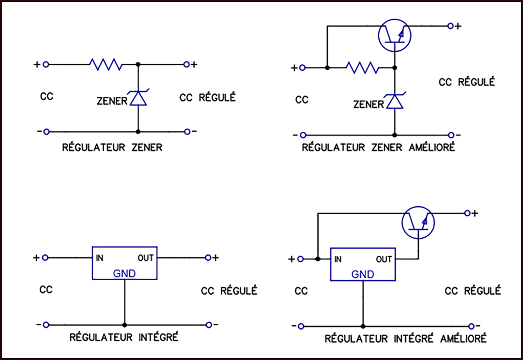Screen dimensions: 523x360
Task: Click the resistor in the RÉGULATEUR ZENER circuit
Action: coord(106,64)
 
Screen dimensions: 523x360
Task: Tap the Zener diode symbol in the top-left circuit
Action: coord(138,98)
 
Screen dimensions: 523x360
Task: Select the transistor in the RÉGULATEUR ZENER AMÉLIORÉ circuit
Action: coord(395,35)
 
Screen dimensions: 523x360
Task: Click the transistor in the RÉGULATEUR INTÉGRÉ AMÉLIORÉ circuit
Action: coord(418,222)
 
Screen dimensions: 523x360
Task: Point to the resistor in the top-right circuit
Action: coord(362,68)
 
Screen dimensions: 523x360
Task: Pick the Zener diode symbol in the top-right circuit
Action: coord(395,101)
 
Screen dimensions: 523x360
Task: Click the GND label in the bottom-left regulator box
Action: coord(124,274)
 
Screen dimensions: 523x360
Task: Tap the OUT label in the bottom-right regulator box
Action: coord(384,259)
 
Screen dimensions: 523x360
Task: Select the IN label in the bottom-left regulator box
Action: coord(99,258)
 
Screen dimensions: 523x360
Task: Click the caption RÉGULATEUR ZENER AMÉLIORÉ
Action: coord(378,147)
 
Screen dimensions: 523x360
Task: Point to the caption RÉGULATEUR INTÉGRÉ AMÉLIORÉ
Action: coord(406,338)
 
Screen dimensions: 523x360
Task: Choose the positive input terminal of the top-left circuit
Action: coord(46,64)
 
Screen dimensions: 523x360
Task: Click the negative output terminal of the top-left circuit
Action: coord(187,132)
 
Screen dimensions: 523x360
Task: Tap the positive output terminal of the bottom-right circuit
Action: coord(467,213)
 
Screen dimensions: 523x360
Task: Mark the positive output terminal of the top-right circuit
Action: coord(451,26)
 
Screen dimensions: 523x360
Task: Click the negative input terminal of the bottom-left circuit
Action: coord(46,325)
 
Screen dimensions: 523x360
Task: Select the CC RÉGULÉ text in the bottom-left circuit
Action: coord(229,291)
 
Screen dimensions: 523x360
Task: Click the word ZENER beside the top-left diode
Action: coord(112,101)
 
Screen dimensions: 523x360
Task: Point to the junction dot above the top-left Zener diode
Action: coord(138,64)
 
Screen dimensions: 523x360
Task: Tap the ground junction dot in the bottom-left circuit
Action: coord(124,325)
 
